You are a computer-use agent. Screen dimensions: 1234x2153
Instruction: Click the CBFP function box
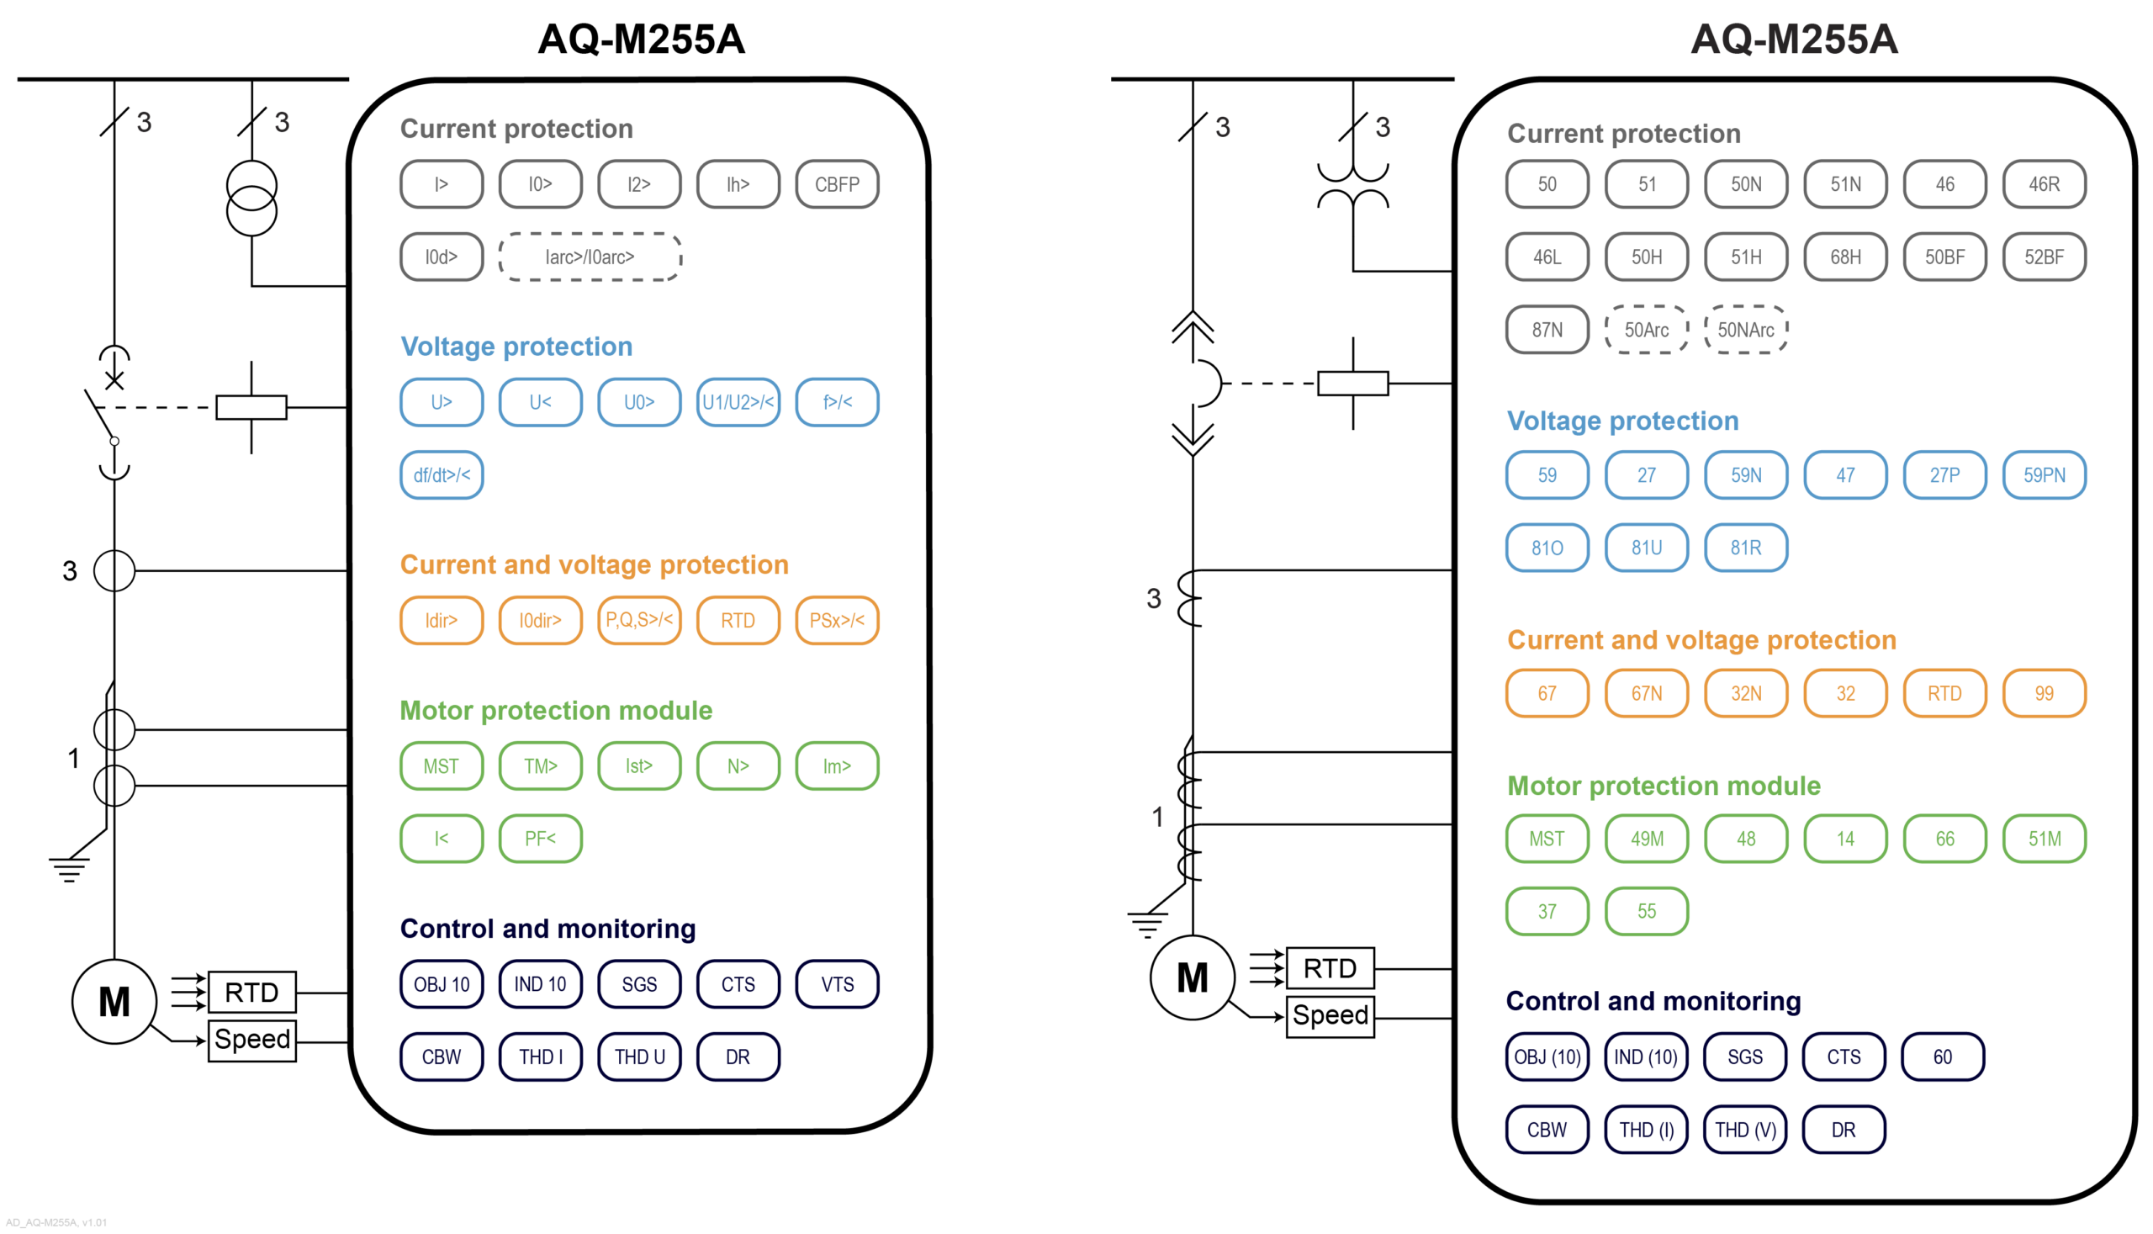point(836,184)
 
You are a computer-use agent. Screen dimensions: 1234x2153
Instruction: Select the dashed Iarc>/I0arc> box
point(590,257)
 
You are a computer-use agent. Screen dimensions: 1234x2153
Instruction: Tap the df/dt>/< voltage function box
point(442,474)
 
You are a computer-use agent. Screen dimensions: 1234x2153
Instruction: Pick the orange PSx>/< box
point(836,621)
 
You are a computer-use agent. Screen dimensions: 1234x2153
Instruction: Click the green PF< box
point(540,838)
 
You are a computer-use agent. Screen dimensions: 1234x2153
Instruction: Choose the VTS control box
point(836,984)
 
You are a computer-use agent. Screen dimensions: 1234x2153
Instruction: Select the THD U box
point(639,1057)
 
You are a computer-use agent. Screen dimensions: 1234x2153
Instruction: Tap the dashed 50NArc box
point(1745,330)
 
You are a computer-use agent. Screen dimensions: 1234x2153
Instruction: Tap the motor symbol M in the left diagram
point(114,1002)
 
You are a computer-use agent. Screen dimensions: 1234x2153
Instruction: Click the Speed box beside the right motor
point(1330,1015)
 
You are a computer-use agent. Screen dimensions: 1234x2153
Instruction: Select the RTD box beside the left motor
point(251,993)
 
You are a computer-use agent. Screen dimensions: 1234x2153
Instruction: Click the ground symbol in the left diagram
point(69,869)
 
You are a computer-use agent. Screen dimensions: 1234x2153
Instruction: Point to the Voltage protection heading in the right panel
point(1621,421)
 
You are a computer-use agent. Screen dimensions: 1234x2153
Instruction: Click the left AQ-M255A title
point(642,39)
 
